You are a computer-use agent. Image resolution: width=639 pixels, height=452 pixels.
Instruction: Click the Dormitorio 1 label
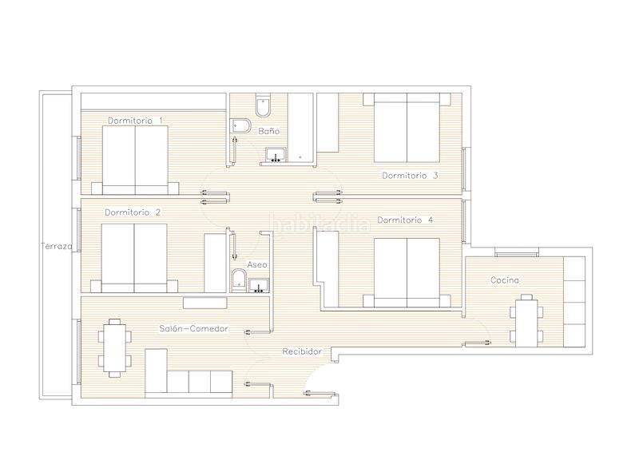[135, 121]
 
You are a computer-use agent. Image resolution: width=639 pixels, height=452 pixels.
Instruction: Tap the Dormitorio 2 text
[133, 212]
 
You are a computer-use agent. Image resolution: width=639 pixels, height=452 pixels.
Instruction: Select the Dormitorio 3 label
[410, 176]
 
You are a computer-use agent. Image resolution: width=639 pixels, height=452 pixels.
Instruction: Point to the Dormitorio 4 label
[405, 220]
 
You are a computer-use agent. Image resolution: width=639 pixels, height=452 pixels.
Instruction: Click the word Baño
[269, 131]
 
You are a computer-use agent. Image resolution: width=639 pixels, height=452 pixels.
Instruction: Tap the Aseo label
[257, 264]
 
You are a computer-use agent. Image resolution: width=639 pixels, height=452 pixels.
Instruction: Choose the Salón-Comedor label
[193, 328]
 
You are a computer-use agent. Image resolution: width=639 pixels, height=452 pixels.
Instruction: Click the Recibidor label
[303, 351]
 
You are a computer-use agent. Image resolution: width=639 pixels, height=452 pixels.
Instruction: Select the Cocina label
[505, 280]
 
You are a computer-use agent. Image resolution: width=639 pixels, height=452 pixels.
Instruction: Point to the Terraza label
[57, 246]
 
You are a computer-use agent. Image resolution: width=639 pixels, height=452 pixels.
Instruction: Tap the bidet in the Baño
[241, 126]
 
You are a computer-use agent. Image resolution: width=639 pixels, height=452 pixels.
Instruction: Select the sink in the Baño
[276, 155]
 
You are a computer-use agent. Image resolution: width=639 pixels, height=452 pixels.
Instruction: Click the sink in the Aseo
[259, 285]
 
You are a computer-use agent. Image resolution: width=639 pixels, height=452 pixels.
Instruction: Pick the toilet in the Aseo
[237, 280]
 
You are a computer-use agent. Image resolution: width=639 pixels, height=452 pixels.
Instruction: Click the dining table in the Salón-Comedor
[114, 347]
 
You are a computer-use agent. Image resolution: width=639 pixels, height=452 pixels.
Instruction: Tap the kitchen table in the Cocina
[526, 321]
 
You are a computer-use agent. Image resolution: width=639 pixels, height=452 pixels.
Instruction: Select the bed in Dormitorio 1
[135, 160]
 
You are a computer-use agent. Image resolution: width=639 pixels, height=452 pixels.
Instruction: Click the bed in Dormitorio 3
[407, 128]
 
